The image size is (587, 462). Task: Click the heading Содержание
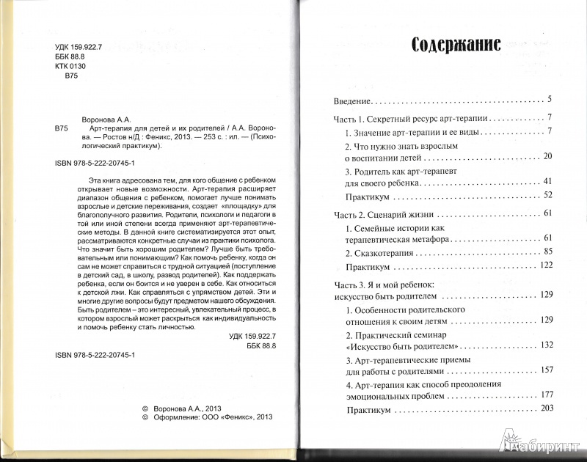(x=456, y=45)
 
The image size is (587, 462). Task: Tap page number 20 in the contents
(x=555, y=157)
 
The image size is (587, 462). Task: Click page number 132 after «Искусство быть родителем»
(x=553, y=344)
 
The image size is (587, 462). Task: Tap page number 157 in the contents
(x=553, y=370)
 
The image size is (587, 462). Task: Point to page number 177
(x=553, y=395)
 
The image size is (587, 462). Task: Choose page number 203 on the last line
(x=553, y=409)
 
